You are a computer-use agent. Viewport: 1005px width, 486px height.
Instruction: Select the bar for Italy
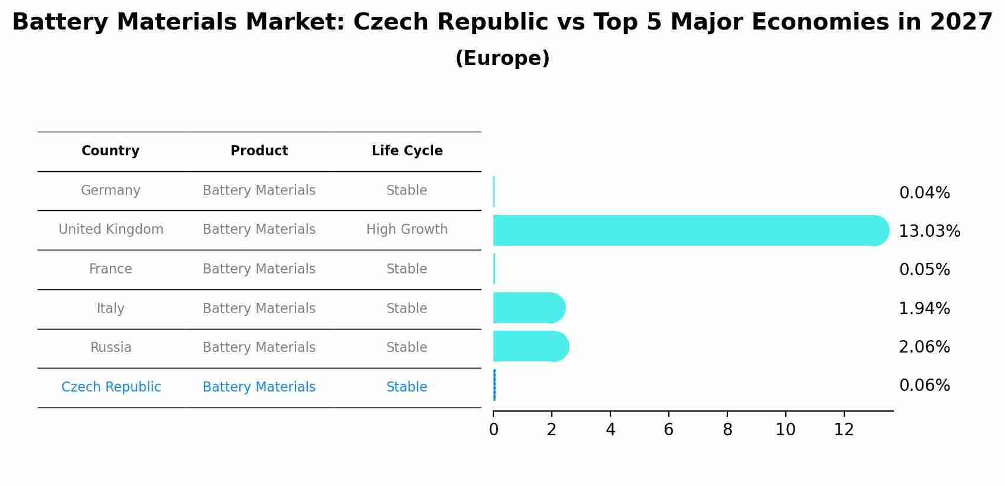coord(528,308)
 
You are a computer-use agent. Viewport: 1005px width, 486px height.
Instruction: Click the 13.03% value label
coord(929,231)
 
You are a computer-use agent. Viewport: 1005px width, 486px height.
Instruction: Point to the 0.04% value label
coord(924,193)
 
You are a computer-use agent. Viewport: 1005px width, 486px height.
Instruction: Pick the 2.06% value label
coord(924,347)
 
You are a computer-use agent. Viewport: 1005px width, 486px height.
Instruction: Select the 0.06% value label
coord(924,386)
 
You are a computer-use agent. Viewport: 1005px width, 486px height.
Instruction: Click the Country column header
coord(110,151)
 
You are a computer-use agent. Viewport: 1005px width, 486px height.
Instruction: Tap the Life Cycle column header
coord(407,151)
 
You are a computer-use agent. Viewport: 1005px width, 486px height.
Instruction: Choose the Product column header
coord(259,151)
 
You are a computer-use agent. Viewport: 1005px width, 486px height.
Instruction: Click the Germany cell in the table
coord(110,191)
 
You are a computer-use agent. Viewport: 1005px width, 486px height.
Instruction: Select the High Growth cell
coord(407,230)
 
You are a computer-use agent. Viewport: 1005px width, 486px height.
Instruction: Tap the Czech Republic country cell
coord(111,387)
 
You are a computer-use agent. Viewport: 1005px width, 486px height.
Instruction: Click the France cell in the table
coord(110,269)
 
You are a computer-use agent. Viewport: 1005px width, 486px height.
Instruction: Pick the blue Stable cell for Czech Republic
coord(406,387)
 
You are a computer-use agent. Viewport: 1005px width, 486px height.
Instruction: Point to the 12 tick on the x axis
coord(844,430)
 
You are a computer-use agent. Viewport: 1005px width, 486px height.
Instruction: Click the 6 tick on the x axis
coord(668,430)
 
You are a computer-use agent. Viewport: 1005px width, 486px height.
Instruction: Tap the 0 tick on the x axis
coord(493,430)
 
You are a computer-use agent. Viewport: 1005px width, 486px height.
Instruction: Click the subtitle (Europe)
coord(502,58)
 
